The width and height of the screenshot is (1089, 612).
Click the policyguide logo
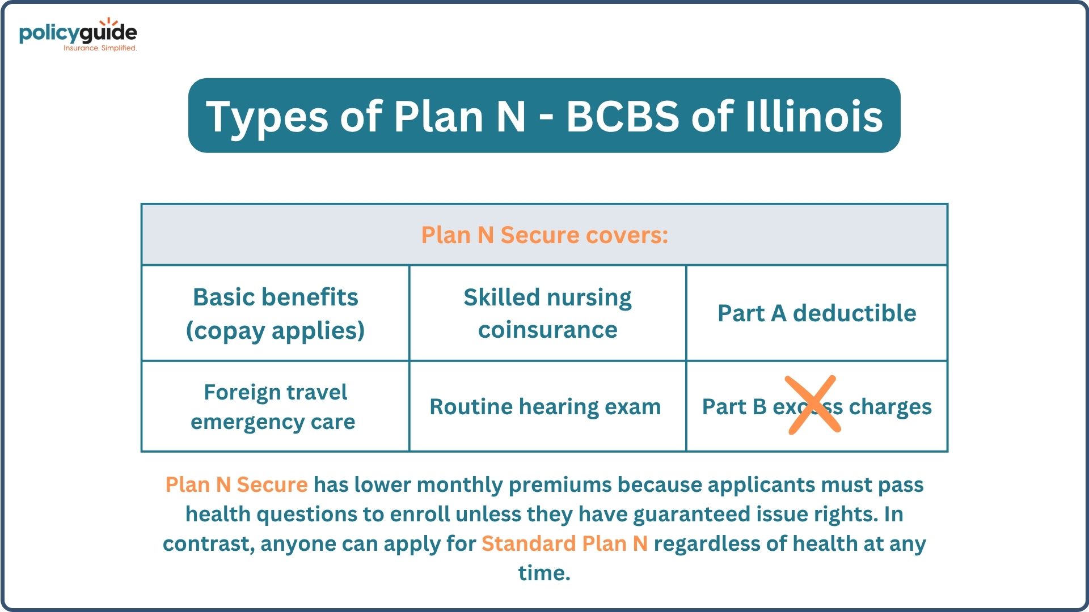(x=78, y=35)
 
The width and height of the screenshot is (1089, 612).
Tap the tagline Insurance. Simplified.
(x=100, y=48)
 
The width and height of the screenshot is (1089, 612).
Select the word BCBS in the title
(x=623, y=116)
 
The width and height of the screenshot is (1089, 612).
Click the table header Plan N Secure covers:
(x=544, y=235)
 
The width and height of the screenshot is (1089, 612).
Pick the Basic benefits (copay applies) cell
(x=276, y=313)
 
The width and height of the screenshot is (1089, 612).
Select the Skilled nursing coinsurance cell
(x=548, y=313)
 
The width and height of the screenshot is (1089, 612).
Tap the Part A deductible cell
(x=817, y=313)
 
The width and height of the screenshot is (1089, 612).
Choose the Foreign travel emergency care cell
(x=276, y=407)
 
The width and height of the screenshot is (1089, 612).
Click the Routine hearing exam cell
(x=548, y=407)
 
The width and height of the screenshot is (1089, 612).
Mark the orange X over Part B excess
(x=813, y=405)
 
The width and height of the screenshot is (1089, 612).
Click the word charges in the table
(x=890, y=407)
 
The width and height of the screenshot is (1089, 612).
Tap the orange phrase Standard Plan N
(x=564, y=543)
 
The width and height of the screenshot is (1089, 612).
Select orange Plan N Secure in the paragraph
(x=237, y=484)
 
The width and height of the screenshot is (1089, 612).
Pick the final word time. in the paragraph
(x=544, y=573)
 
